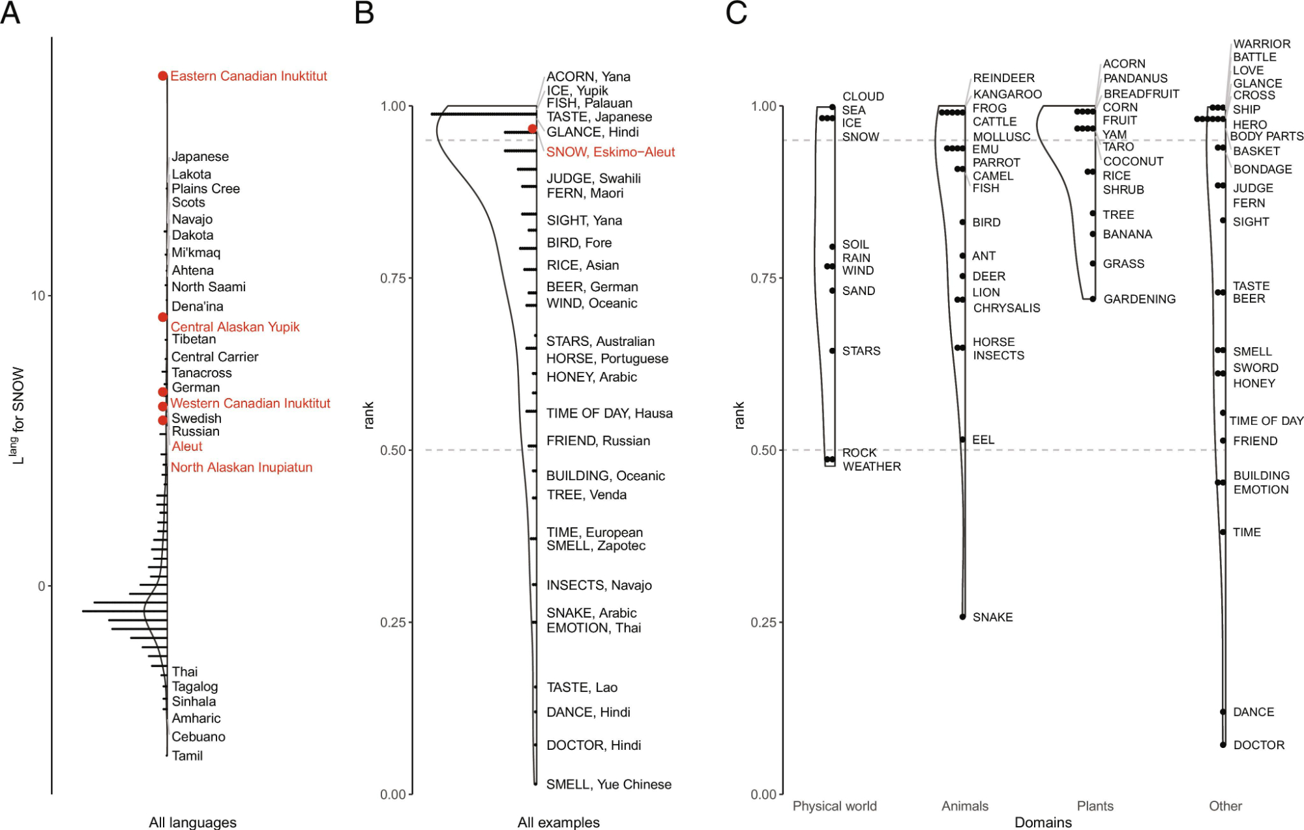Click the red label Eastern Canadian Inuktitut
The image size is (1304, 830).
[248, 76]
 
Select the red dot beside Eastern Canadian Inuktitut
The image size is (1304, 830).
[163, 76]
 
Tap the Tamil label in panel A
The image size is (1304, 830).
[187, 756]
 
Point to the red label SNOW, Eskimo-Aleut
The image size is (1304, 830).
[610, 152]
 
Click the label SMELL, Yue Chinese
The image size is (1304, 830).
[608, 784]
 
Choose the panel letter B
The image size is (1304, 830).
[364, 13]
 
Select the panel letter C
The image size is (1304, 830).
[736, 13]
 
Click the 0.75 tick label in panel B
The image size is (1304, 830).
[393, 278]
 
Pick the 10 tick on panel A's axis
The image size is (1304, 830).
[38, 296]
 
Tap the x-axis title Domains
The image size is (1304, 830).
[1043, 822]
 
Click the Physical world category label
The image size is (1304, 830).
[835, 806]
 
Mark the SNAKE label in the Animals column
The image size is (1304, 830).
[992, 617]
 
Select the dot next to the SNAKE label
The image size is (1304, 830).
[963, 616]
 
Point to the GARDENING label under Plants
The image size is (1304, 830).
[1139, 299]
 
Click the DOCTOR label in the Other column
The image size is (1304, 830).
[1258, 745]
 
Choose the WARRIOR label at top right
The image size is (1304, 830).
[1262, 44]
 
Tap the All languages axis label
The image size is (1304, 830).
[192, 822]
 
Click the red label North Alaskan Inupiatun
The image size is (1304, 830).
[241, 467]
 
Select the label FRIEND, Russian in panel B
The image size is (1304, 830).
[598, 441]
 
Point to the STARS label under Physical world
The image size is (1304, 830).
[861, 351]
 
